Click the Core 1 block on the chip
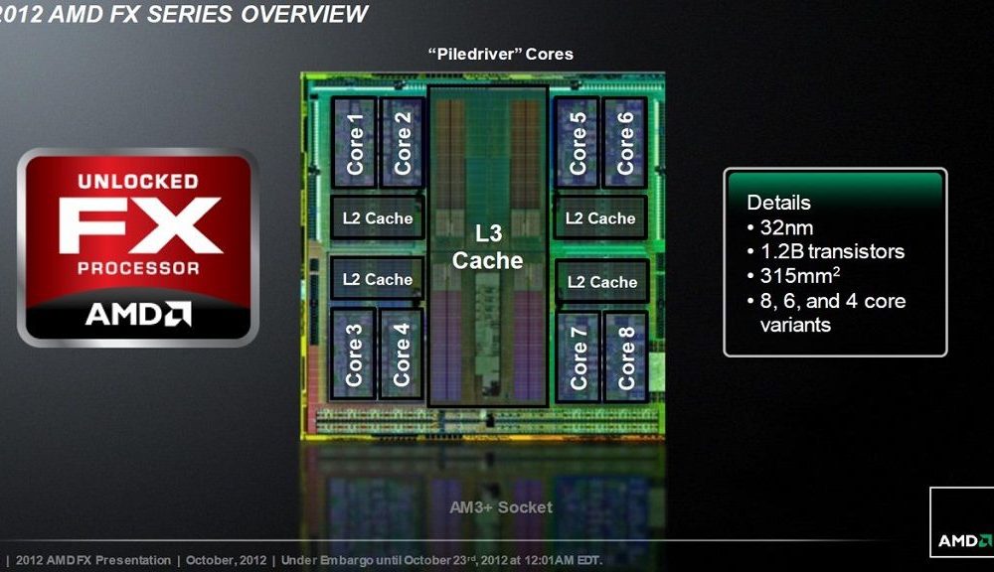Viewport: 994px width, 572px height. tap(355, 143)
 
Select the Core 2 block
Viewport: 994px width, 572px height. tap(402, 143)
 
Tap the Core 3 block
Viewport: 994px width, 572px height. tap(353, 355)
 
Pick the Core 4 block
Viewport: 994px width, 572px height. tap(401, 355)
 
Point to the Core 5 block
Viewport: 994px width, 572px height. tap(577, 143)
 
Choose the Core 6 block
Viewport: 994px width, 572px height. tap(625, 143)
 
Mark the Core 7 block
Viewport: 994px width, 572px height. tap(579, 357)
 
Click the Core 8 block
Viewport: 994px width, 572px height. tap(625, 357)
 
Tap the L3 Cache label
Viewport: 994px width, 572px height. tap(487, 247)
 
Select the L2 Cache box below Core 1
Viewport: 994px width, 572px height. tap(378, 217)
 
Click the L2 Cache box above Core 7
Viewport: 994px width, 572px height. tap(602, 281)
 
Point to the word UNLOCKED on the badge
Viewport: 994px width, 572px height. tap(138, 181)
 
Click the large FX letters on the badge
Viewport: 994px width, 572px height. tap(139, 225)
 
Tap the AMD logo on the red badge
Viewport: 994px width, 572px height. tap(138, 314)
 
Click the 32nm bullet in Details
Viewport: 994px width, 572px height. tap(780, 227)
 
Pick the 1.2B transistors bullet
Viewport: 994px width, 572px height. tap(826, 251)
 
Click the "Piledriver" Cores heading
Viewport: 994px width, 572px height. tap(501, 54)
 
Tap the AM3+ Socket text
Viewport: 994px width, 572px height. tap(501, 507)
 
